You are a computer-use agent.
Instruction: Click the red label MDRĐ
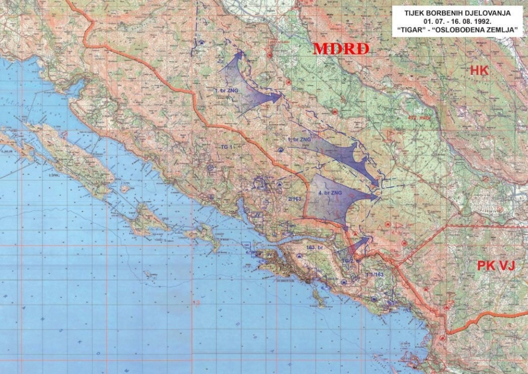click(x=340, y=49)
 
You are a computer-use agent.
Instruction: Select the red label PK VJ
click(x=496, y=265)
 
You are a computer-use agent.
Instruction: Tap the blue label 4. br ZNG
click(x=330, y=193)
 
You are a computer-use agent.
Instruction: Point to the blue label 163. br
click(x=314, y=247)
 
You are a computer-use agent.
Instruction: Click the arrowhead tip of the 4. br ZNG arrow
click(x=379, y=197)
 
